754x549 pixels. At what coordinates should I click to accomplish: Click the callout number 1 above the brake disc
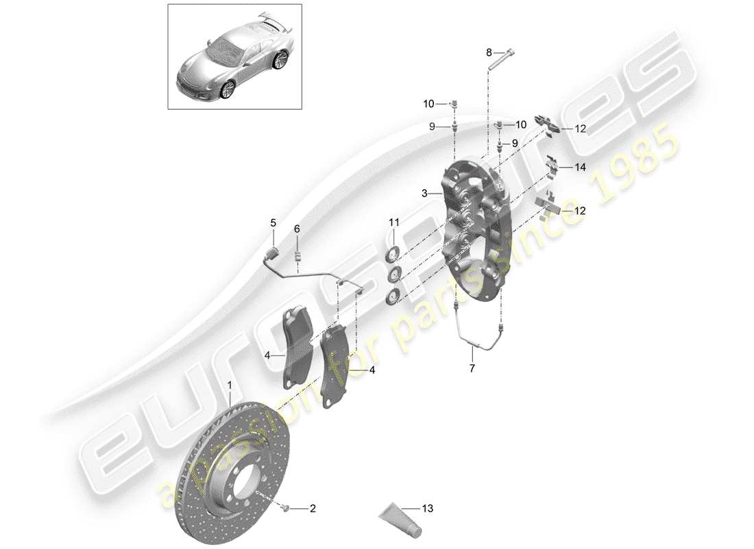pos(230,388)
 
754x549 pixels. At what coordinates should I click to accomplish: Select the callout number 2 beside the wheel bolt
pos(312,509)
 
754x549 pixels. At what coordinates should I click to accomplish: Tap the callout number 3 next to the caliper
pos(425,194)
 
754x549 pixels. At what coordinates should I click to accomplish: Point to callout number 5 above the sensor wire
pos(272,223)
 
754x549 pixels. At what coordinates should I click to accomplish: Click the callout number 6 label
pos(297,229)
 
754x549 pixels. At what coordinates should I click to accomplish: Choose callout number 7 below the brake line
pos(472,368)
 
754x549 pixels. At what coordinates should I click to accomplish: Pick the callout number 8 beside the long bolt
pos(489,52)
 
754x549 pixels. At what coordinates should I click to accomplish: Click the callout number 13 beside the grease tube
pos(428,509)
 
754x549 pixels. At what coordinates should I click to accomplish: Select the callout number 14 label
pos(581,167)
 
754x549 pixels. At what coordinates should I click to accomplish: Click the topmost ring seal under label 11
pos(393,256)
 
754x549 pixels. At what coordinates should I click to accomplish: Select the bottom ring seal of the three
pos(393,297)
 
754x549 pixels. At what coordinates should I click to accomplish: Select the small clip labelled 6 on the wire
pos(298,257)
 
